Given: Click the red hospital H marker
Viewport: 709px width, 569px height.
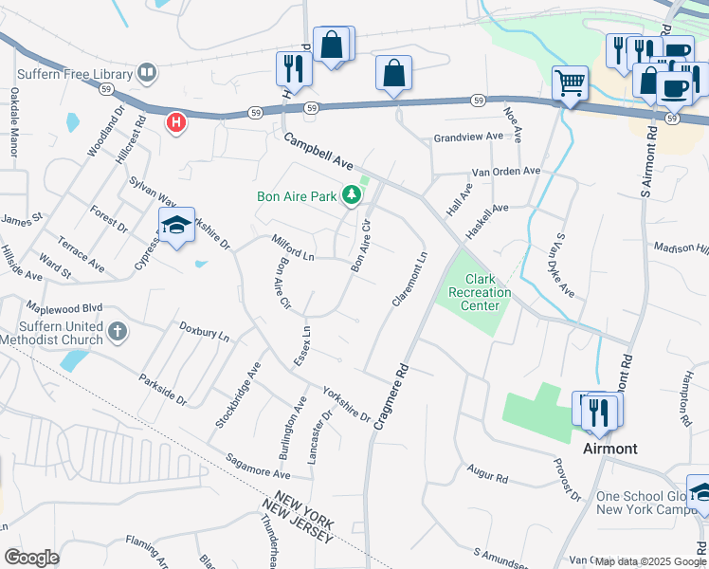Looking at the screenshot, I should coord(175,122).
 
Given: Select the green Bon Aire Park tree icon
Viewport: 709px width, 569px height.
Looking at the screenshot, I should coord(353,196).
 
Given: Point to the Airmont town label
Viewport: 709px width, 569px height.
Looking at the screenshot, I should coord(609,448).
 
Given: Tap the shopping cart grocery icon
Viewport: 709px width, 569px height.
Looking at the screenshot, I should coord(570,83).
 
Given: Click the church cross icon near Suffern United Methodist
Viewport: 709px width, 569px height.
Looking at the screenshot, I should coord(117,331).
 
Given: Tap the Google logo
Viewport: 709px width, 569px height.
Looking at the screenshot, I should coord(32,557).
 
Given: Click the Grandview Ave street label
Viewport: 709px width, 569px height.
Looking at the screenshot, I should coord(468,137).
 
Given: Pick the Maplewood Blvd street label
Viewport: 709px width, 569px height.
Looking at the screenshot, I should coord(65,308).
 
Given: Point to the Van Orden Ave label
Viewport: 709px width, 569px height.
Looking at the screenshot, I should coord(506,172).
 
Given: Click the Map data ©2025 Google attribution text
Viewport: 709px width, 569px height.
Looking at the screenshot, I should coord(650,561).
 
